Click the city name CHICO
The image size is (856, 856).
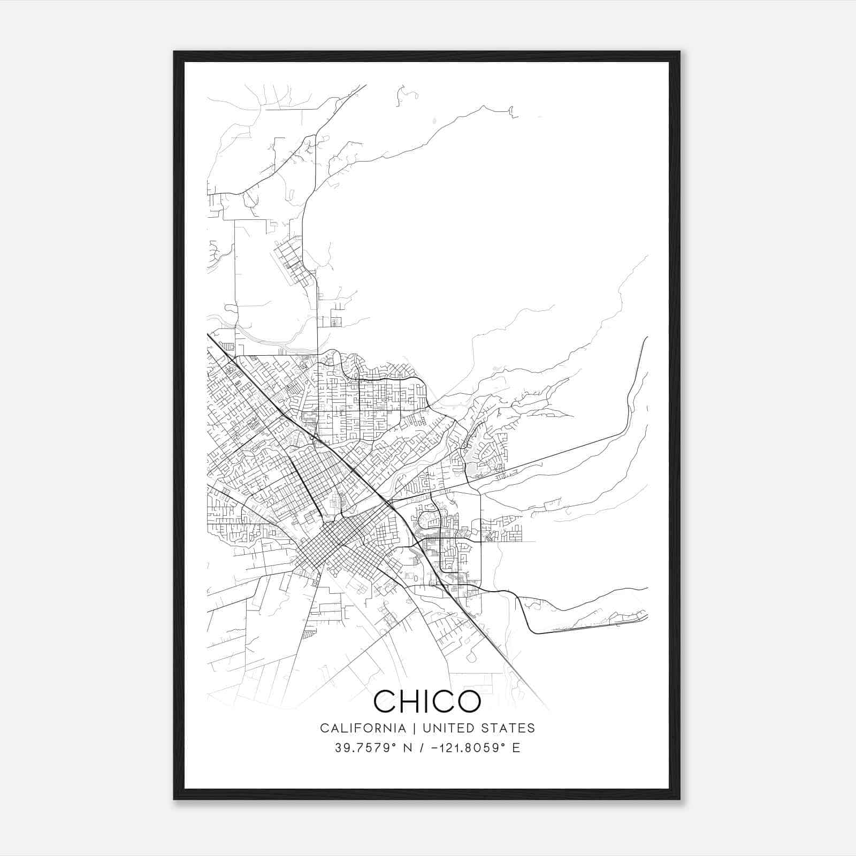click(427, 701)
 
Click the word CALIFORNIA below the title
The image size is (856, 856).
click(363, 728)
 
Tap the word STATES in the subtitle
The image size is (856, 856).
click(511, 728)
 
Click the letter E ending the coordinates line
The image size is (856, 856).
click(516, 748)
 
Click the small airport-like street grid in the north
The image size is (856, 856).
click(294, 262)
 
